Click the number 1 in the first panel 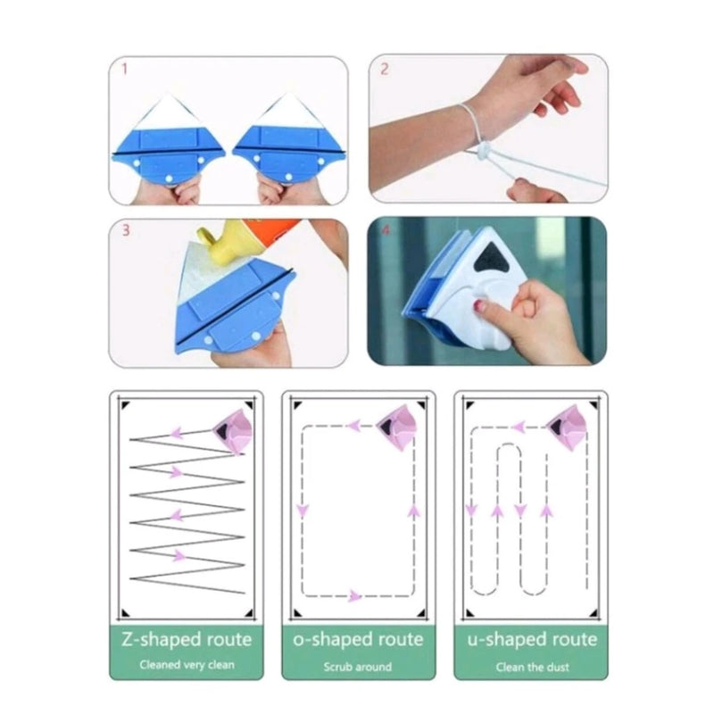coord(124,70)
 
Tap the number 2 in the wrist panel coord(385,70)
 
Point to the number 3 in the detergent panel coord(126,230)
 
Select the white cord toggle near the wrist coord(482,150)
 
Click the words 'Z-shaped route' coord(187,640)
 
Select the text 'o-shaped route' coord(358,640)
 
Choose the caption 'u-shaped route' coord(532,640)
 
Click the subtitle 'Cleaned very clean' coord(187,665)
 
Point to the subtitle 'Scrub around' coord(358,667)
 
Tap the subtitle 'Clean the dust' coord(532,667)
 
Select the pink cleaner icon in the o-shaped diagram coord(397,428)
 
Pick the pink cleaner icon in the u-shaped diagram coord(566,428)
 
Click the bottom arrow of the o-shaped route coord(354,595)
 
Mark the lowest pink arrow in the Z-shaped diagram coord(180,555)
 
